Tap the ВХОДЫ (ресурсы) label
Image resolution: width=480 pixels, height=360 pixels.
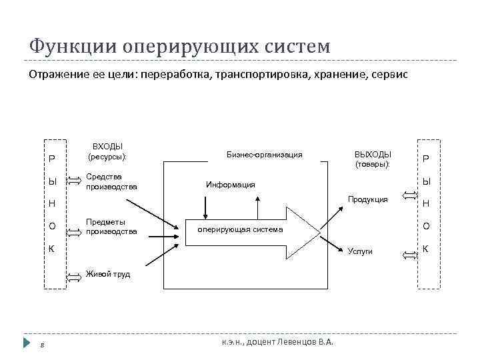107,151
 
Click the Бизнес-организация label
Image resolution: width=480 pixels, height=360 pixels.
265,155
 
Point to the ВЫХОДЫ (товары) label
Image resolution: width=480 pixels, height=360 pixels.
373,159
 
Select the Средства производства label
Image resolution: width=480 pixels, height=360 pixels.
111,181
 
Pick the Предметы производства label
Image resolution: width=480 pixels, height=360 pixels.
111,227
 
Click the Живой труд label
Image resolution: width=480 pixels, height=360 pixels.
108,273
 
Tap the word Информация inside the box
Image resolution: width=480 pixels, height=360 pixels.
231,184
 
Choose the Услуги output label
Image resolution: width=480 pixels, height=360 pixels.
361,251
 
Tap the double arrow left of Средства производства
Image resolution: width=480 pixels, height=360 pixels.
75,182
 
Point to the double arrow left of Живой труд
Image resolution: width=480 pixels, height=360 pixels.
75,275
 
